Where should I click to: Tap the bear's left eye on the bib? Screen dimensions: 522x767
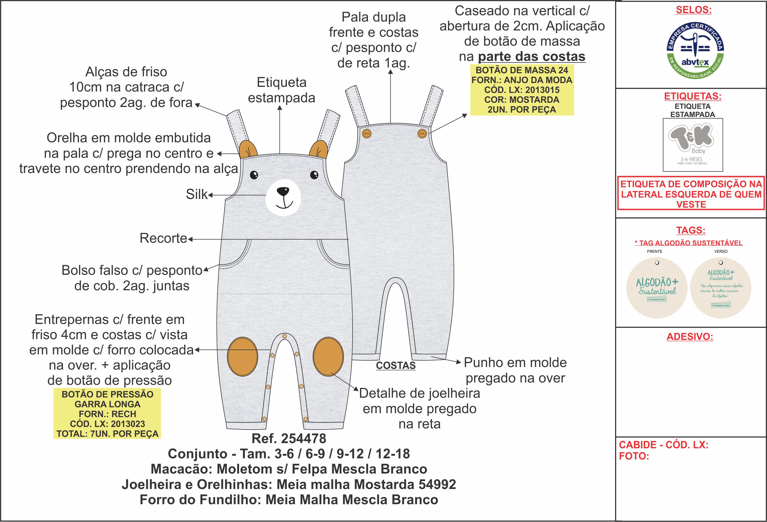pos(254,175)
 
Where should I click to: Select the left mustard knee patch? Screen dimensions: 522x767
pos(243,357)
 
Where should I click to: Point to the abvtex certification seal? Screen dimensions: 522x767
pos(695,51)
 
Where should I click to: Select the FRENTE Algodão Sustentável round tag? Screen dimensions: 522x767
pos(657,288)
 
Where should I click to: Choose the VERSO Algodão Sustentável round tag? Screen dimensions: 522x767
pos(720,288)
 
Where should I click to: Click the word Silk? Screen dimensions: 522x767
pos(197,195)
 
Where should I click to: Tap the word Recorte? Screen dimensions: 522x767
pos(163,238)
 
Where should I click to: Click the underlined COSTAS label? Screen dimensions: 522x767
pos(396,365)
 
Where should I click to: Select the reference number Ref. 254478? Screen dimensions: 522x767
pos(289,438)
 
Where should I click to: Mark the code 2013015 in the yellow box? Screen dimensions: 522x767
pos(542,90)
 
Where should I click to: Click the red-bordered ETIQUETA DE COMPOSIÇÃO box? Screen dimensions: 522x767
pos(691,194)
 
